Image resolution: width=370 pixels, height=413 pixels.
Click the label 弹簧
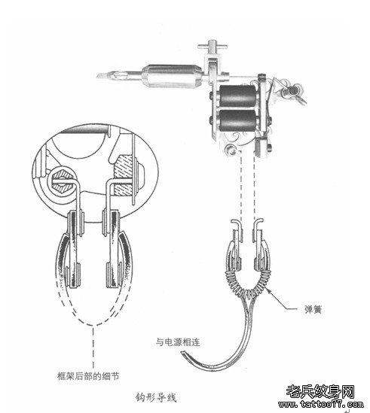[x=313, y=309]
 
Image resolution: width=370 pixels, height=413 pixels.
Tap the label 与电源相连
[x=178, y=342]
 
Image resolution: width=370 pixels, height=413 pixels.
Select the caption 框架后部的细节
[x=88, y=376]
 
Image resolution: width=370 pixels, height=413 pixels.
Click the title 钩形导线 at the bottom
[x=156, y=397]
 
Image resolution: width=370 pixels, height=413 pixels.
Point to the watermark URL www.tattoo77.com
[x=321, y=404]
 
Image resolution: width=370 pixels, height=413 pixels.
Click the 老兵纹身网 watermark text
[x=320, y=392]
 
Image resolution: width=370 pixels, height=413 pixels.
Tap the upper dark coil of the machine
[x=238, y=96]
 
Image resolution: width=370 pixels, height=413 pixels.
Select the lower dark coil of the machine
[x=238, y=120]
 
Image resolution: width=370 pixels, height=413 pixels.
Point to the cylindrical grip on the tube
[x=172, y=76]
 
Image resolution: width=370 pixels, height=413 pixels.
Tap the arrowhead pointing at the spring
[x=268, y=291]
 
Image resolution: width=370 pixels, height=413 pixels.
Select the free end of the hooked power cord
[x=182, y=354]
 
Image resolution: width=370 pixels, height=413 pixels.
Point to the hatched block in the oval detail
[x=124, y=175]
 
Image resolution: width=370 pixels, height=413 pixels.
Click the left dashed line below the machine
[x=240, y=185]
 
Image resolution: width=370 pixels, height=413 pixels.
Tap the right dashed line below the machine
[x=255, y=185]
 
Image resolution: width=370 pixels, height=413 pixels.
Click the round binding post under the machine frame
[x=230, y=150]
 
